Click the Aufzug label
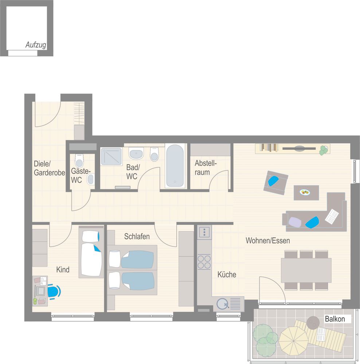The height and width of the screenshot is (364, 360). click(x=36, y=45)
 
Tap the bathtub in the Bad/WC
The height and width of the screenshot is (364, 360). click(x=175, y=166)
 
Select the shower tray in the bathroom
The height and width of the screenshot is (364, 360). click(x=111, y=157)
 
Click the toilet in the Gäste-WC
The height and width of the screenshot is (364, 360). click(x=79, y=161)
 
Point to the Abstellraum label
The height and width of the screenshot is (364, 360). click(x=206, y=167)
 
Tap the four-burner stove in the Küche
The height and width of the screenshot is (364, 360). click(x=204, y=262)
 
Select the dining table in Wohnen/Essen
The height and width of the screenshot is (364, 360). click(x=306, y=270)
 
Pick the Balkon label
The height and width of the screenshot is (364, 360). click(x=334, y=319)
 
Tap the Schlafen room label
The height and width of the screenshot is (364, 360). click(x=137, y=236)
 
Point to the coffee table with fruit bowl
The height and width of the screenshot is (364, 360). click(x=306, y=193)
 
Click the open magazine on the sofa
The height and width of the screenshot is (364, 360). click(x=332, y=215)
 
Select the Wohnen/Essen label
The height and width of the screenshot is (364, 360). click(x=268, y=241)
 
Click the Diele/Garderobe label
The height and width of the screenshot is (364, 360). click(x=49, y=168)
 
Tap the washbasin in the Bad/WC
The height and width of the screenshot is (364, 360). click(x=136, y=154)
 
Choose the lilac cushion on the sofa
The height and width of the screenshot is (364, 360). click(x=295, y=222)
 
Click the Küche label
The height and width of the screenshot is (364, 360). click(x=227, y=274)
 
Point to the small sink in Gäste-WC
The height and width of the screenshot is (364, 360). click(x=90, y=179)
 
